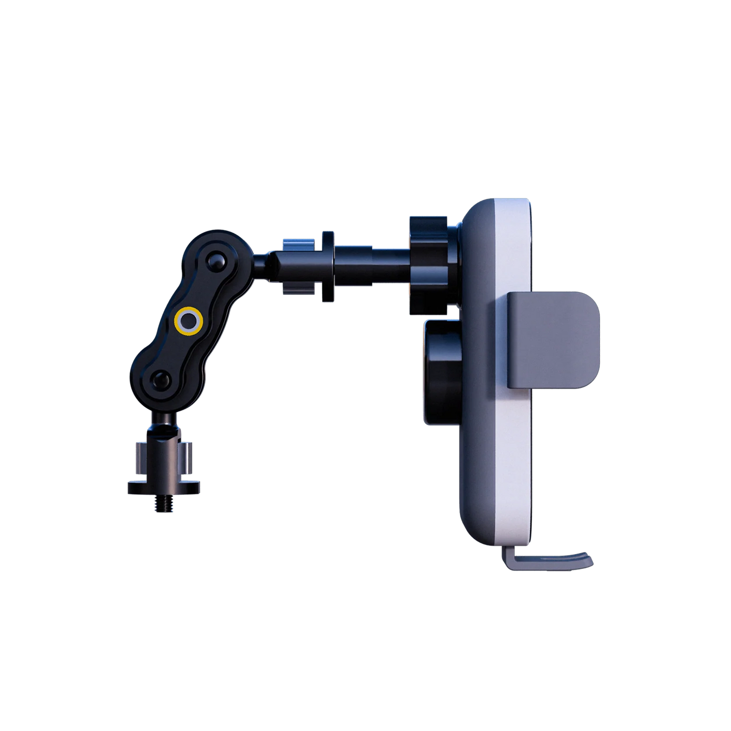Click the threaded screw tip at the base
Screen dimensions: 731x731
pos(163,502)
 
